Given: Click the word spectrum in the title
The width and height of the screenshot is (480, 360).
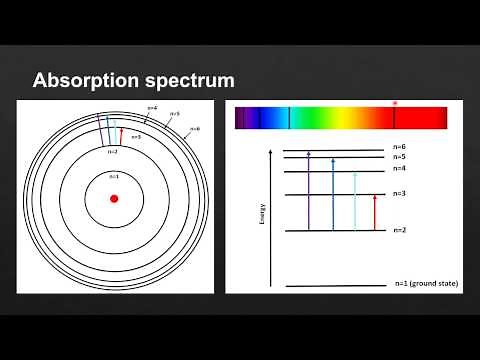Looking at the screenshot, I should [x=190, y=80].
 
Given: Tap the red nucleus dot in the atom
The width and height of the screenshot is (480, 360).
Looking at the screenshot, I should [x=114, y=198].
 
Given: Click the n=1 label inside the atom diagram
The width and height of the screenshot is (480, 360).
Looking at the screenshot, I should [x=114, y=176].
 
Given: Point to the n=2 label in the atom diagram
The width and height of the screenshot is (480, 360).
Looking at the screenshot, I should [x=112, y=152].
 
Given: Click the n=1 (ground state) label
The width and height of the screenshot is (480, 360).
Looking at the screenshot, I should [x=425, y=286].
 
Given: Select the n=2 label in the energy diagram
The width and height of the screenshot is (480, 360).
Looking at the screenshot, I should [x=400, y=231].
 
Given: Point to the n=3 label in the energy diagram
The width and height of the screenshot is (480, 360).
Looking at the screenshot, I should [x=400, y=193].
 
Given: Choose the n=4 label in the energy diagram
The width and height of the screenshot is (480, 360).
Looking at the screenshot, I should [x=400, y=169].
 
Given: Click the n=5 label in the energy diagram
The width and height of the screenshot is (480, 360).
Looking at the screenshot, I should [x=400, y=157].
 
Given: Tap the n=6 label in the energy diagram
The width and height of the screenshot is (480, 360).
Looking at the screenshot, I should [x=400, y=148].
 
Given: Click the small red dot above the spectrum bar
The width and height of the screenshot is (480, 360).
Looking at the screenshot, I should [x=395, y=103].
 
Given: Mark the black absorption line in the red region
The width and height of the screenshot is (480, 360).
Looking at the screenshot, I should [x=395, y=119].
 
